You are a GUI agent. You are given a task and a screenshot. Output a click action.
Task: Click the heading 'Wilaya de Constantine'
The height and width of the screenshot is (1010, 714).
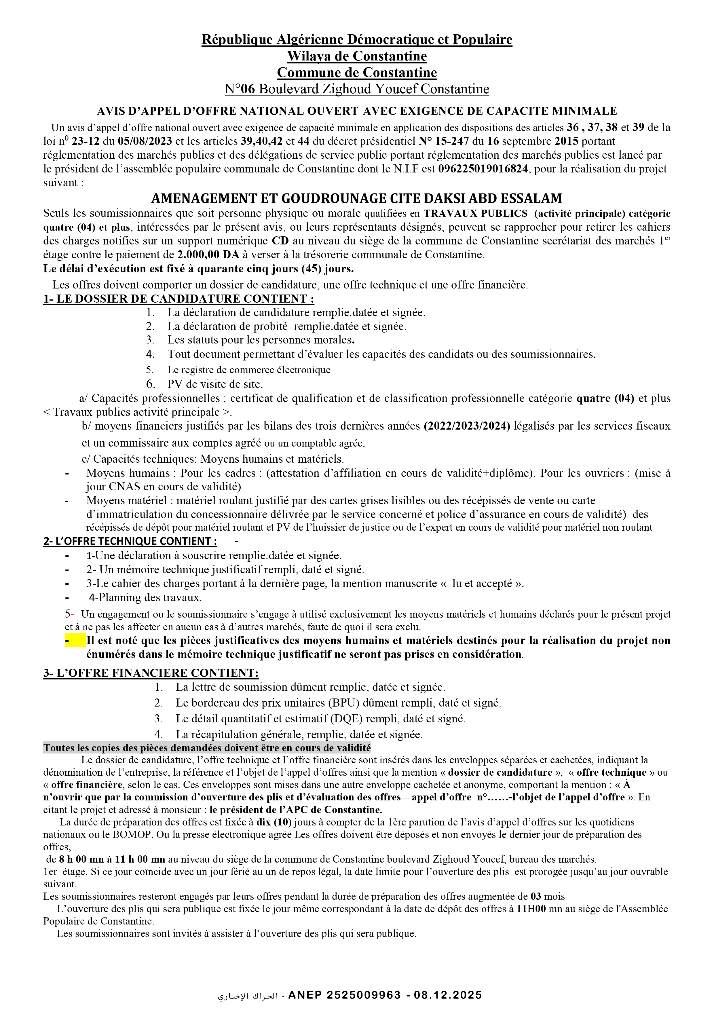(357, 56)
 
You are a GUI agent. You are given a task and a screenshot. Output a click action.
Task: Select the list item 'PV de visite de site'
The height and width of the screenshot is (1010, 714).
(215, 384)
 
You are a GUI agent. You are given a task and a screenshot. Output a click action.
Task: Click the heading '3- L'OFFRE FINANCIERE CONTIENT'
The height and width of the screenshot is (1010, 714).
(151, 673)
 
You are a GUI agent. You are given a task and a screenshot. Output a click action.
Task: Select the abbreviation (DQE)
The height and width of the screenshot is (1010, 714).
(322, 719)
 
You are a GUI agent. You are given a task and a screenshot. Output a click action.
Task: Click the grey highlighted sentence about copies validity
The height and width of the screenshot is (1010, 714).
(207, 748)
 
